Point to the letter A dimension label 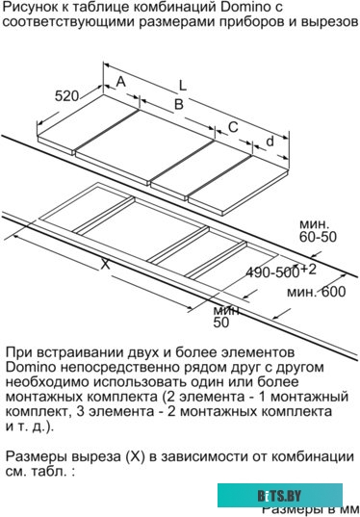(121, 83)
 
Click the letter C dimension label (233, 126)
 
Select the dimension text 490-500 (273, 272)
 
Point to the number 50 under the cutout (221, 323)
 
